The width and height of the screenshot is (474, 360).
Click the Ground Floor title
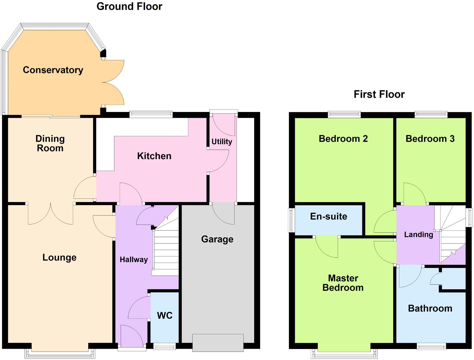129,6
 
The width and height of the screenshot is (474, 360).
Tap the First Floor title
379,94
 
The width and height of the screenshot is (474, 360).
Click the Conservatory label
53,70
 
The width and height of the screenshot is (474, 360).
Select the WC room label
165,315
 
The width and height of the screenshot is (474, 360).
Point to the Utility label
222,141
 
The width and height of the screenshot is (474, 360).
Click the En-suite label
329,217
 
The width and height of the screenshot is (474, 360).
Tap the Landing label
418,234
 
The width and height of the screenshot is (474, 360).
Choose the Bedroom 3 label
430,139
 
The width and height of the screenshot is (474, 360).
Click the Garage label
217,239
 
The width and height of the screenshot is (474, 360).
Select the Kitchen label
154,156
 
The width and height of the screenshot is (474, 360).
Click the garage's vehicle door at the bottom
218,343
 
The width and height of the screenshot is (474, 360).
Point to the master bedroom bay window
344,355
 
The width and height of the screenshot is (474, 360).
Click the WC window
164,347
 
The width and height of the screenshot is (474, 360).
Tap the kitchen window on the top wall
151,114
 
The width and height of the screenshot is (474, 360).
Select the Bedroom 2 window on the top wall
344,114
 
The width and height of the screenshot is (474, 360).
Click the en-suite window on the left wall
291,220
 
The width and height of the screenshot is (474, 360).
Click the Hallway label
134,260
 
